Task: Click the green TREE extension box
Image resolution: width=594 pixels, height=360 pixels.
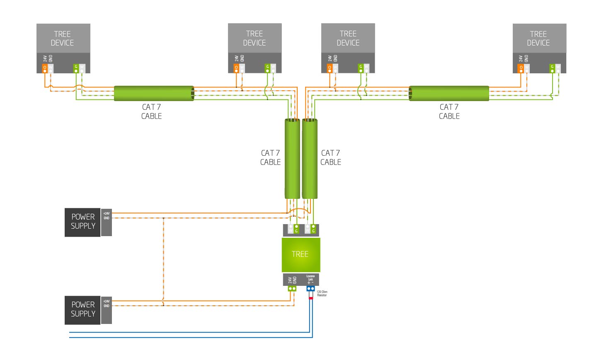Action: tap(301, 254)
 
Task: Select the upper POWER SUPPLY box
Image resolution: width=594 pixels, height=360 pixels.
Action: tap(82, 222)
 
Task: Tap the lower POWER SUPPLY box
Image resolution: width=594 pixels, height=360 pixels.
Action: tap(82, 310)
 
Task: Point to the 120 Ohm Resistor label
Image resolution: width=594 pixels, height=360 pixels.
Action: tap(322, 293)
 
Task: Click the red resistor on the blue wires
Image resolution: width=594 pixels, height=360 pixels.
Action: tap(310, 298)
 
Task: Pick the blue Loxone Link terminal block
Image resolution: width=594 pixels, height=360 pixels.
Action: tap(310, 288)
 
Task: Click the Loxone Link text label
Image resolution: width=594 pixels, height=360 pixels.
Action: tap(310, 278)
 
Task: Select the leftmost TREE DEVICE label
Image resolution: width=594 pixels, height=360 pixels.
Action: tap(63, 39)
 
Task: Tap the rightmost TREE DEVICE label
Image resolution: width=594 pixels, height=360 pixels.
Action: tap(538, 39)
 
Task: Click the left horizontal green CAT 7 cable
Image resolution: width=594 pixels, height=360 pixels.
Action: tap(154, 93)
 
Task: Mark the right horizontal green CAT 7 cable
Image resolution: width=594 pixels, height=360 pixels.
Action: tap(449, 93)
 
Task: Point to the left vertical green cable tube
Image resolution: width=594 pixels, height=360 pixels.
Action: tap(292, 159)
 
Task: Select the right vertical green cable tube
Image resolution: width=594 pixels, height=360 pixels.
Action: tap(310, 159)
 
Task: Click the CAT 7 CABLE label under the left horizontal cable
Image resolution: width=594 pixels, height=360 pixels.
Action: tap(151, 112)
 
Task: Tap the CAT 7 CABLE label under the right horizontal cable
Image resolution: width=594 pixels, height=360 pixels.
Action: tap(449, 112)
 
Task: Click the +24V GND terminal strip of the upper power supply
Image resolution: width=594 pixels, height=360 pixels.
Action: tap(107, 222)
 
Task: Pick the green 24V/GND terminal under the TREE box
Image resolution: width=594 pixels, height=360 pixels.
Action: tap(292, 288)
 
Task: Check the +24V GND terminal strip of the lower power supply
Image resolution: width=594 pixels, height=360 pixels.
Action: tap(107, 310)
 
